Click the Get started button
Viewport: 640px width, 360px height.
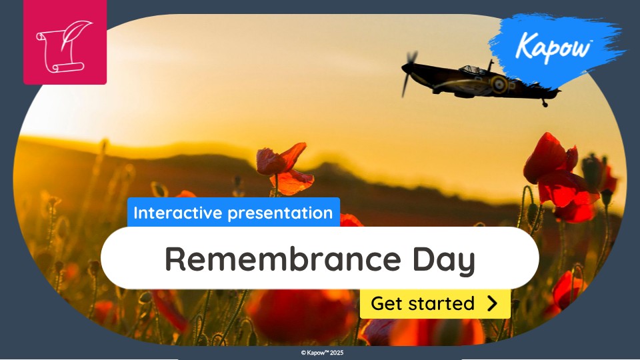(x=435, y=304)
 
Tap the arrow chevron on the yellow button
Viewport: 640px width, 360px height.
(x=493, y=304)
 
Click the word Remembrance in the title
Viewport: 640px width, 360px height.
(x=283, y=259)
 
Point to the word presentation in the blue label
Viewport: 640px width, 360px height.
(x=280, y=213)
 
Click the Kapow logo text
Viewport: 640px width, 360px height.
(x=553, y=46)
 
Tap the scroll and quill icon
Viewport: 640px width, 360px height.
(x=65, y=46)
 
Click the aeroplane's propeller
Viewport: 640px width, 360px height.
(x=409, y=73)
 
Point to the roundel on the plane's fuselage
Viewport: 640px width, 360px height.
(x=499, y=84)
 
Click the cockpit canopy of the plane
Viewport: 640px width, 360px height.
(x=472, y=70)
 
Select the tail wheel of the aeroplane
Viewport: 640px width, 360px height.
(x=545, y=105)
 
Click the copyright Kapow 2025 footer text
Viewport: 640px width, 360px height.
(x=323, y=353)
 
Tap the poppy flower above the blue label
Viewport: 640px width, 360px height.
(x=284, y=168)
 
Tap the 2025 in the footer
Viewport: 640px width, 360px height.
(x=337, y=353)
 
